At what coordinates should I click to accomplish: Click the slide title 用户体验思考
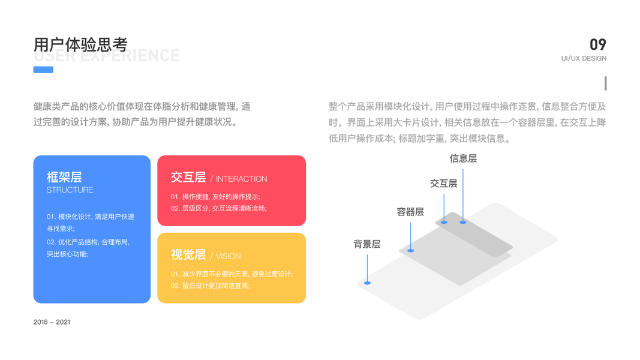click(80, 44)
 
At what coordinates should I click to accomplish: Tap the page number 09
click(597, 44)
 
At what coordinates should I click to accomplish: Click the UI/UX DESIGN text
click(584, 59)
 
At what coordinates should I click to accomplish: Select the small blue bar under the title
click(43, 70)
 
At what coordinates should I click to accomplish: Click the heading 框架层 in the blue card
click(64, 177)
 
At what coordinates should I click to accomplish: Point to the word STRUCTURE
click(70, 190)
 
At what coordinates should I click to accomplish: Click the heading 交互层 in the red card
click(188, 178)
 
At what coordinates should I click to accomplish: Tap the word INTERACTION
click(241, 179)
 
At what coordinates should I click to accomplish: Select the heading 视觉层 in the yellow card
click(188, 254)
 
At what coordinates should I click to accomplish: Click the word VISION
click(228, 256)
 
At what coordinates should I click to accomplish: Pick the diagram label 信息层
click(463, 158)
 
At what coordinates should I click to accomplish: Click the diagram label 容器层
click(410, 212)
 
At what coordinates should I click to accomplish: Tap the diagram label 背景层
click(367, 244)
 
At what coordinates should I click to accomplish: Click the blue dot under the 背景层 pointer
click(367, 283)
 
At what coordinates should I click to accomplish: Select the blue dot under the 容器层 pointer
click(411, 251)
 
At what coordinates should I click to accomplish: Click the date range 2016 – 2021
click(52, 322)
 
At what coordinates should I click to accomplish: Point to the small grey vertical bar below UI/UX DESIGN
click(605, 83)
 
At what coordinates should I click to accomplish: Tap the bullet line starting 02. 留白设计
click(210, 286)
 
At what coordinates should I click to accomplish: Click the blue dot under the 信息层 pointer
click(463, 222)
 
